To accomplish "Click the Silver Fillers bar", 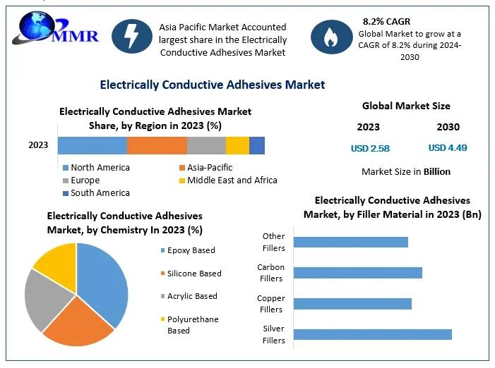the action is [373, 334].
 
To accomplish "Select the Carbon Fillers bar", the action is [358, 273].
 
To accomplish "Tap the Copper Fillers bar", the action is [352, 304].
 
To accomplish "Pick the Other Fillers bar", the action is [351, 242].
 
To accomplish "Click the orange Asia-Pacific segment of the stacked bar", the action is [157, 145].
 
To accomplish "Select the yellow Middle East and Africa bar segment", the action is [237, 145].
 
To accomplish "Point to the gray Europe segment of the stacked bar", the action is [206, 145].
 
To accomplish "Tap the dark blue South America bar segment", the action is [257, 145].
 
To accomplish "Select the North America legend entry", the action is [96, 167].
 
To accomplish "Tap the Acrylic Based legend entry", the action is [189, 296].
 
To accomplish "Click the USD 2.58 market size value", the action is [370, 148].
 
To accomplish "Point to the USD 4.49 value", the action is [448, 147].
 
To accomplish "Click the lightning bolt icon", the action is [132, 36].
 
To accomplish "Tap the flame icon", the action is [331, 37].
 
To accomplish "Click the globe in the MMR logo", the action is [37, 25].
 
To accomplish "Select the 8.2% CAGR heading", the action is [386, 21].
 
